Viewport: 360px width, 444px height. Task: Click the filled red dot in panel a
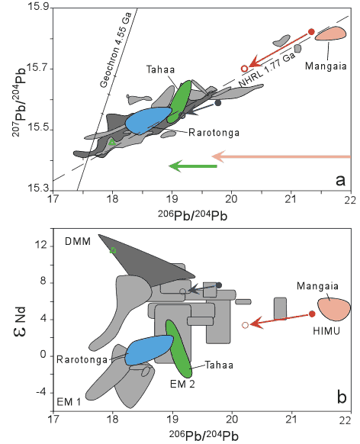(x=311, y=32)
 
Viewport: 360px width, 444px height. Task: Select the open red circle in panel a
(x=245, y=69)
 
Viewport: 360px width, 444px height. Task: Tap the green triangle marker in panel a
(x=112, y=142)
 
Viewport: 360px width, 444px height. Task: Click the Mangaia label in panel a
(x=326, y=66)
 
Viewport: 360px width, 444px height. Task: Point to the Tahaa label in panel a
(x=160, y=69)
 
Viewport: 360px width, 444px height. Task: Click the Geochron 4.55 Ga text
(x=116, y=50)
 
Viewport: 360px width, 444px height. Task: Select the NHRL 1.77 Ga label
(x=267, y=69)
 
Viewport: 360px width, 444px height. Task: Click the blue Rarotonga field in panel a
(x=149, y=121)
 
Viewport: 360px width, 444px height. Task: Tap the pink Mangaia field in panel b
(x=334, y=309)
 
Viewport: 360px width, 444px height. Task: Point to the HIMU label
(x=326, y=331)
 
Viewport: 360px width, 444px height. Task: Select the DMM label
(x=78, y=242)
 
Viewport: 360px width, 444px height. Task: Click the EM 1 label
(x=69, y=401)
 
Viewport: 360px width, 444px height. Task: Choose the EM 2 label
(x=182, y=384)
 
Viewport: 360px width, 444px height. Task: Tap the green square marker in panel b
(x=113, y=250)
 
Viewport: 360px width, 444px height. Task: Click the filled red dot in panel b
(x=312, y=314)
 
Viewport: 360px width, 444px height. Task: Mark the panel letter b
(x=342, y=397)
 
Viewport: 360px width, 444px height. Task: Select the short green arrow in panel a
(x=193, y=166)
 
